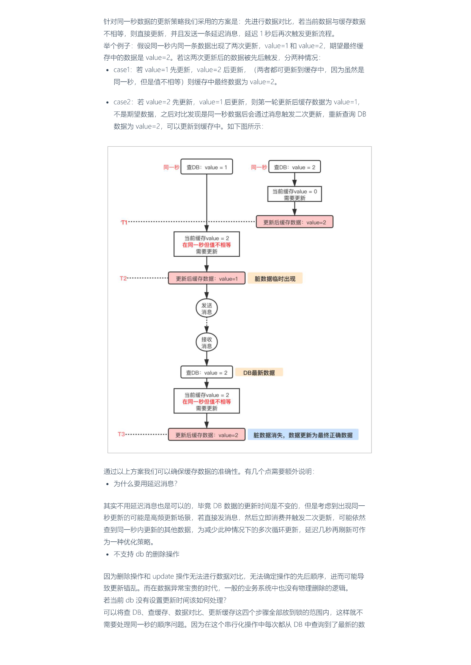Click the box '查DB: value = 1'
(206, 167)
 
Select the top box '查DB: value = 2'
(295, 167)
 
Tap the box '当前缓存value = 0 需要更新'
(295, 194)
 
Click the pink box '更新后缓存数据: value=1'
(207, 278)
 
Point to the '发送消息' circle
(207, 308)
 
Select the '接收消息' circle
(207, 342)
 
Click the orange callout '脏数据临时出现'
(275, 278)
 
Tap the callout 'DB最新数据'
(259, 372)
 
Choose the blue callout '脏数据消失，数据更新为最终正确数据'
(303, 435)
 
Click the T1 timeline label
(124, 222)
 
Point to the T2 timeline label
(123, 278)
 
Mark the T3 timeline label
(121, 434)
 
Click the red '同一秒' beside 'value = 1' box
(171, 167)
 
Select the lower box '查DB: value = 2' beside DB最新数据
(207, 372)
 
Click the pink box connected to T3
(207, 435)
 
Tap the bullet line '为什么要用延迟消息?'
(145, 483)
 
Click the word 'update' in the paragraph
(163, 576)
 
